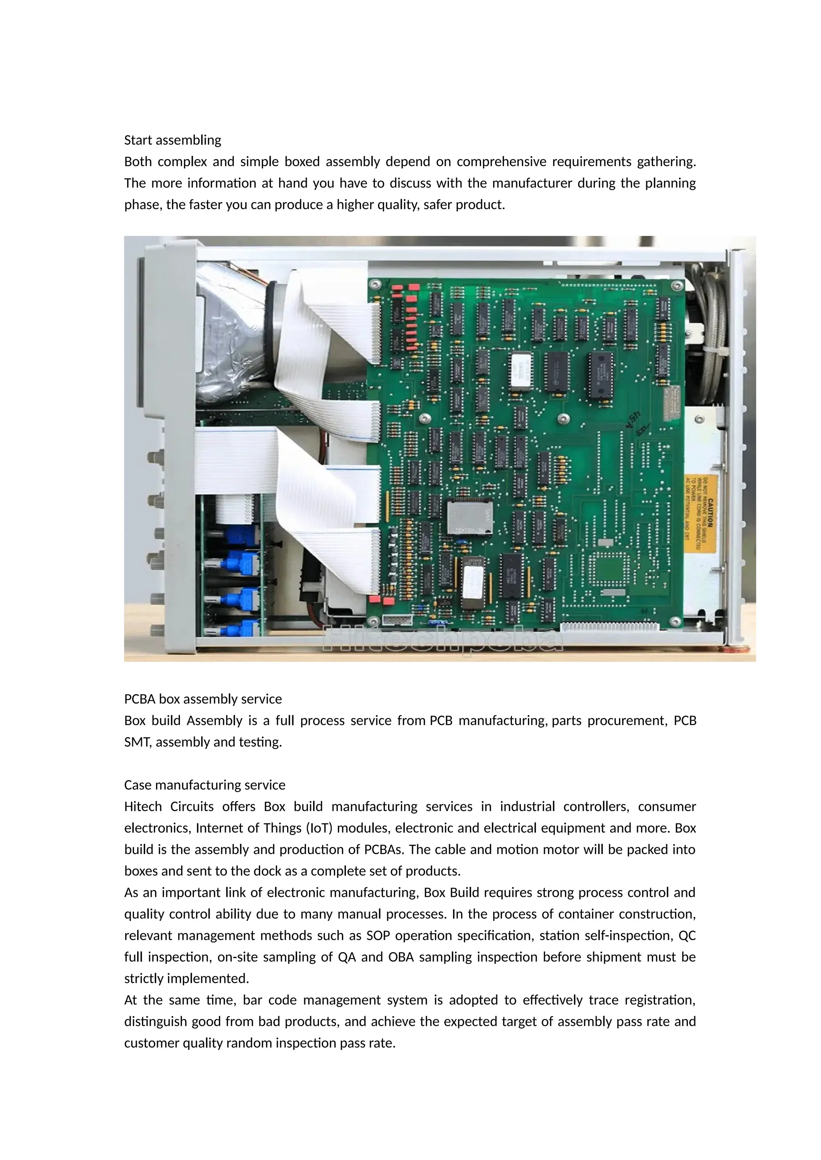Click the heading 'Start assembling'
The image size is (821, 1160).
click(x=172, y=140)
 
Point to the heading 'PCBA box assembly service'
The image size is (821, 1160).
click(x=203, y=699)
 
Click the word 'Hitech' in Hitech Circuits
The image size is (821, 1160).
click(x=143, y=806)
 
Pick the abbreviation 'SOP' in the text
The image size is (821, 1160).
click(x=378, y=936)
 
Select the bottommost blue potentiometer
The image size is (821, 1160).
click(x=242, y=629)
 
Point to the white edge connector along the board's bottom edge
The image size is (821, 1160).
click(x=610, y=627)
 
